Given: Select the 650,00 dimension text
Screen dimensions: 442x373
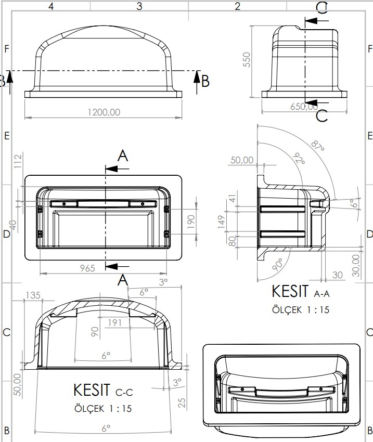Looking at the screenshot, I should coord(304,106).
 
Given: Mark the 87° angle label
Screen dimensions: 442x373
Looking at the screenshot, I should coord(317,145).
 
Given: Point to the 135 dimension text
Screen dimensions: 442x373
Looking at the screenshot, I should coord(33,296).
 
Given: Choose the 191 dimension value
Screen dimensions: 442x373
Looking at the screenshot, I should coord(113,322).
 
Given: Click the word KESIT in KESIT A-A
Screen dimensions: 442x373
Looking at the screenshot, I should coord(291,292).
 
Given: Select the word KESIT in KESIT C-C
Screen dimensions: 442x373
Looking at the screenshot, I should coord(92,389).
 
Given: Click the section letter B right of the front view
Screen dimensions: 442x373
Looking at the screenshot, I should coord(205,81).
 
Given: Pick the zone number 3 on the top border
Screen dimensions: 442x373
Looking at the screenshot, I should coord(139,6).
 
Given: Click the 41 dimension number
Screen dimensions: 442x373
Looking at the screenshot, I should coord(232,198).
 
